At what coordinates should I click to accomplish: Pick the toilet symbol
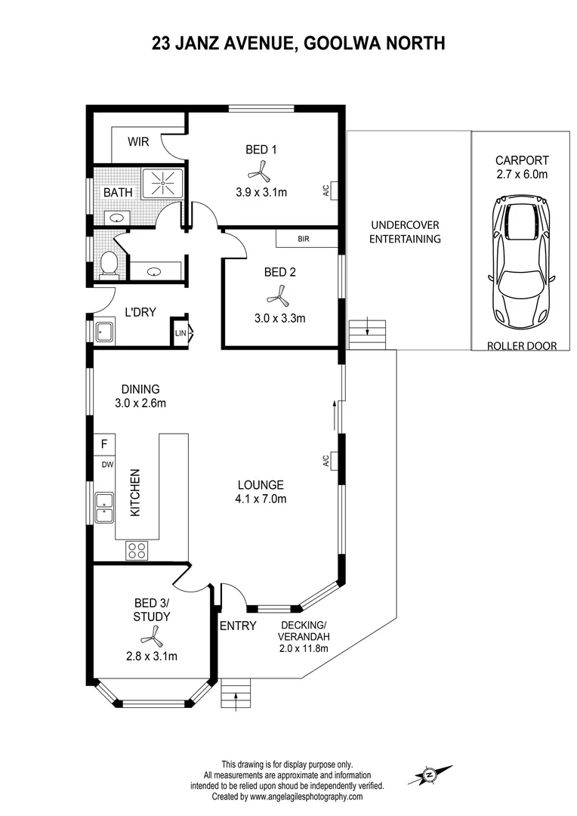tap(109, 264)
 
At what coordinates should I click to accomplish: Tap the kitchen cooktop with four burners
tap(137, 550)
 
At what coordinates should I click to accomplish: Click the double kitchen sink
tap(103, 508)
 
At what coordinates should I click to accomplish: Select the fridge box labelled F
tap(103, 444)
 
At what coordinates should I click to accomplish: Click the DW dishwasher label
tap(107, 465)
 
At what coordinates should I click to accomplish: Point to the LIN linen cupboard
tap(181, 332)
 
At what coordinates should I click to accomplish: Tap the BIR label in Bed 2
tap(304, 240)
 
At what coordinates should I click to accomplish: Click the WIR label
tap(137, 141)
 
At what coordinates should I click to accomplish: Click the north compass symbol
tap(430, 774)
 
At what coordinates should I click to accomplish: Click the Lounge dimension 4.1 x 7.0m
tap(261, 498)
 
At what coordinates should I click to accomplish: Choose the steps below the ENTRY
tap(236, 694)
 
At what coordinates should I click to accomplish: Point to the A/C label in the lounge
tap(326, 460)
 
